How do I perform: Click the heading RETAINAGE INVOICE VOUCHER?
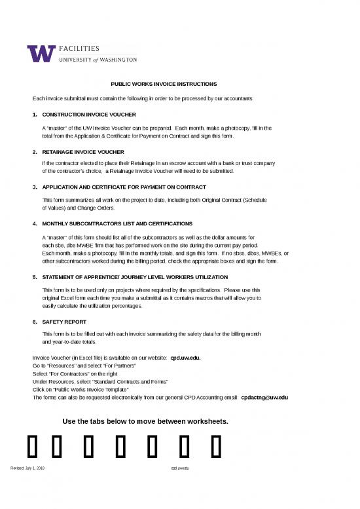[82, 151]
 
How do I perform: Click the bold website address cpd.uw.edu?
[185, 358]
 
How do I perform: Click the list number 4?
[35, 223]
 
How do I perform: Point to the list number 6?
[35, 322]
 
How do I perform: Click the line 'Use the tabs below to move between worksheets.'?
[145, 421]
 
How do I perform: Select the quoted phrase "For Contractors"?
[73, 374]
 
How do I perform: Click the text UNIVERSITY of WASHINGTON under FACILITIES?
[98, 59]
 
